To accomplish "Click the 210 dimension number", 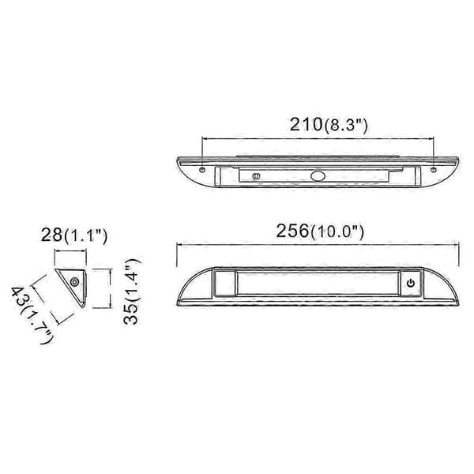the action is (x=307, y=124).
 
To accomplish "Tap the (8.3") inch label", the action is (x=346, y=125).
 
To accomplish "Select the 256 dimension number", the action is (x=292, y=231).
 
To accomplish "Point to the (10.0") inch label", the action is (x=337, y=231).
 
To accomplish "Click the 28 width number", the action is (x=51, y=235).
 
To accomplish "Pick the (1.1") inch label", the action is (x=85, y=235).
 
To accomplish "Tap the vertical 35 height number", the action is (x=131, y=314).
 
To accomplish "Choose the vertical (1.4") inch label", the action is (x=133, y=280).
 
